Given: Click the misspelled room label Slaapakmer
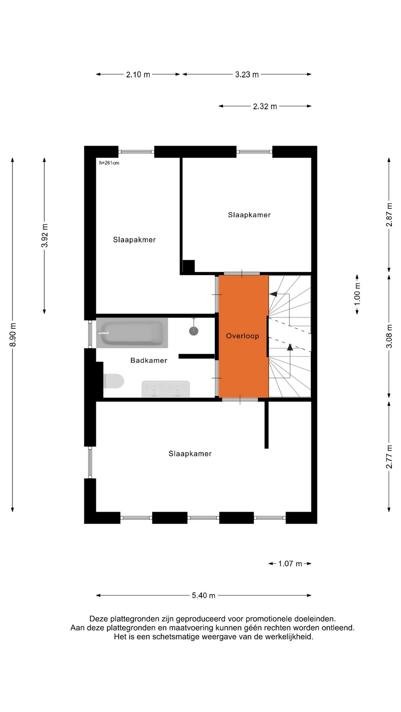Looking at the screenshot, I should click(x=134, y=240).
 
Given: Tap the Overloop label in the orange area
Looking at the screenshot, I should click(x=242, y=336).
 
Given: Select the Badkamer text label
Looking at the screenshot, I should click(x=149, y=360).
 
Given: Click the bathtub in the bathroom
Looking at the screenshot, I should click(x=132, y=333).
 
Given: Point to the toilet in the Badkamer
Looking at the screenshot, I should click(x=114, y=381).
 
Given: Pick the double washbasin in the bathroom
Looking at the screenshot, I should click(x=166, y=389).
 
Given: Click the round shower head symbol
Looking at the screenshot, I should click(x=193, y=331).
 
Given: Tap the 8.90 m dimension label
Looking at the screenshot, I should click(x=13, y=334).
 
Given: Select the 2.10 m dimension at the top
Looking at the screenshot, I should click(x=138, y=75).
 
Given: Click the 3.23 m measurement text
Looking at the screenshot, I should click(x=247, y=75).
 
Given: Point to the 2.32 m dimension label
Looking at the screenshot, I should click(x=265, y=106).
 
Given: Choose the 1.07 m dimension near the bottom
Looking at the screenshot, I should click(x=290, y=564).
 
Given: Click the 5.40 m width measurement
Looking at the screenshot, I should click(x=203, y=596).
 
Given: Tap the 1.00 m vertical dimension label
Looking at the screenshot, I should click(x=357, y=294).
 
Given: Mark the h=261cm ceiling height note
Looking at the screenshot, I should click(x=109, y=163).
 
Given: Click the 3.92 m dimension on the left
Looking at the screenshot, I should click(x=45, y=235).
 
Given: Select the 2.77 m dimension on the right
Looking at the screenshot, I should click(x=389, y=456).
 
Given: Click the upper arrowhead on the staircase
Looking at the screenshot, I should click(x=274, y=294).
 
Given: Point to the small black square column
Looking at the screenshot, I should click(x=189, y=266).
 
